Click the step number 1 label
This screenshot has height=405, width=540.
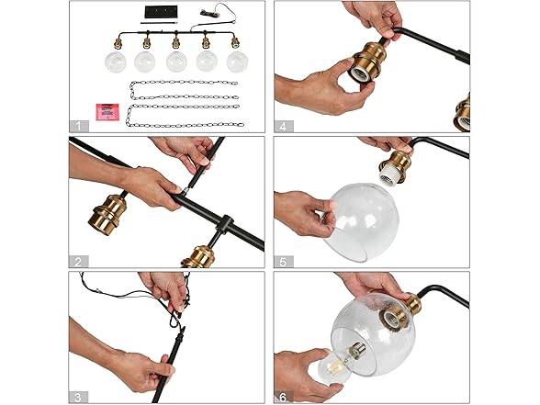tap(79, 126)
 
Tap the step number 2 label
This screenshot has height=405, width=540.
tap(79, 262)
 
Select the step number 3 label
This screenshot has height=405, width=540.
tap(78, 397)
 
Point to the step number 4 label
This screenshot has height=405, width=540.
tap(284, 127)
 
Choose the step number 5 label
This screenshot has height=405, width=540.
tap(284, 262)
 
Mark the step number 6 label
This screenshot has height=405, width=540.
tap(284, 397)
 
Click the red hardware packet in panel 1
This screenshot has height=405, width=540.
tap(107, 112)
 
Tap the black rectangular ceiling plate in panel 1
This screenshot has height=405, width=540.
tap(161, 12)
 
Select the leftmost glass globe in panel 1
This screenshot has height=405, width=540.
tap(116, 62)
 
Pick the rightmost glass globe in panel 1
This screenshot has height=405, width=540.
tap(238, 62)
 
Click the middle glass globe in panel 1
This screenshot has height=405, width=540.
tap(176, 62)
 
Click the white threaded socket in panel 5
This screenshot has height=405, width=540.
tap(392, 177)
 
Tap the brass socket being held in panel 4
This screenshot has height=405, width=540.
tap(366, 62)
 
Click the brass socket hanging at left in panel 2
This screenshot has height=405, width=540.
tap(107, 214)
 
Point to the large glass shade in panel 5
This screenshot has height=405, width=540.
tap(361, 221)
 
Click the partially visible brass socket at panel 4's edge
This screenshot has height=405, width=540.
tap(463, 112)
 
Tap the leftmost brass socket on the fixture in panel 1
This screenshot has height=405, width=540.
tap(118, 43)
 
